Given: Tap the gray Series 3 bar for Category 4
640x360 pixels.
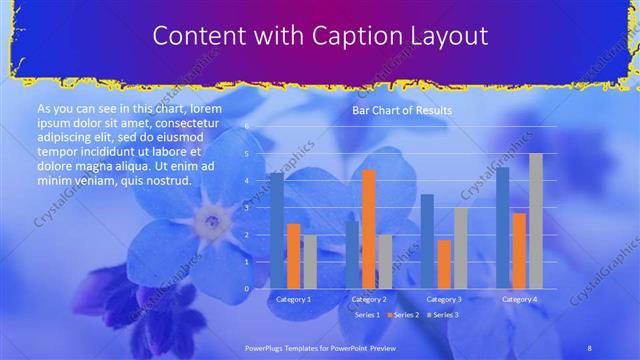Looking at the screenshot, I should [x=535, y=221].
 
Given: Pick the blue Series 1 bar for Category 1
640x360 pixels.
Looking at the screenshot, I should [x=277, y=231].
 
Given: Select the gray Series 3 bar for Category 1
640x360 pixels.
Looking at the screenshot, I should [x=310, y=262].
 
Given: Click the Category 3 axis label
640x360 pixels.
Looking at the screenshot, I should [x=444, y=299].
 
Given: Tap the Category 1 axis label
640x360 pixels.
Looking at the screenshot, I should [x=293, y=299].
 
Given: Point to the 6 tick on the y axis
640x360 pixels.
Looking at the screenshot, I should [x=246, y=127].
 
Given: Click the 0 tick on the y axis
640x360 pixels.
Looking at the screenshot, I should [x=246, y=289].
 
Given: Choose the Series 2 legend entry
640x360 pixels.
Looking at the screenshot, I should [x=403, y=315].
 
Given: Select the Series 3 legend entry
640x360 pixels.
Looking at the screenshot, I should [x=444, y=315].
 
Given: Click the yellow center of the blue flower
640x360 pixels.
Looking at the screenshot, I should [x=211, y=217].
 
